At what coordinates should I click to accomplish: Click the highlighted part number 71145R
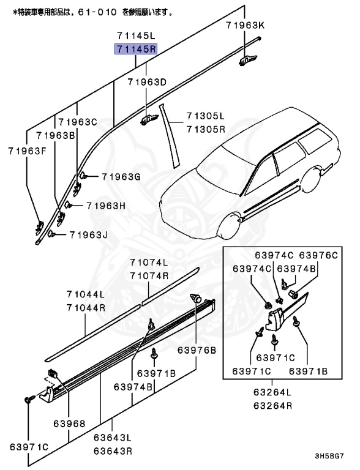coord(133,49)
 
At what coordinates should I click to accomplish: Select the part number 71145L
coord(133,37)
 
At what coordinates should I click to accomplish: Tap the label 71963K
coord(244,25)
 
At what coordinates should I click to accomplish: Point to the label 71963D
coord(147,82)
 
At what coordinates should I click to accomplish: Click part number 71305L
coord(206,116)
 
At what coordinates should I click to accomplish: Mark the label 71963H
coord(105,206)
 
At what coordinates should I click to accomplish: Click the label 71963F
coord(27,150)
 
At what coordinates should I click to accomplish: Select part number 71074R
coord(148,276)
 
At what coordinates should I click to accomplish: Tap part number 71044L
coord(86,295)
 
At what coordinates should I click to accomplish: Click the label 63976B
coord(197,350)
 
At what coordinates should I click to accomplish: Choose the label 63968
coord(68,423)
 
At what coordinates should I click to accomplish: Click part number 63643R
coord(113,452)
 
